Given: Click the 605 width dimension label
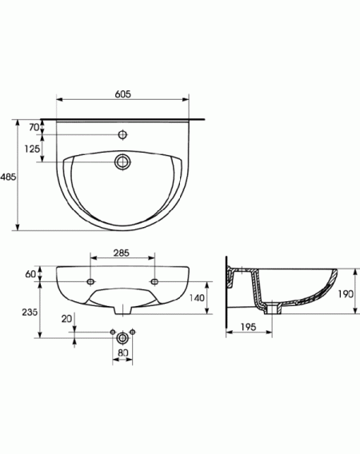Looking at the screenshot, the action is [123, 94].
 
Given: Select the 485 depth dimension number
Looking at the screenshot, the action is [8, 177].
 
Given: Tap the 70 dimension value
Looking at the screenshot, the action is [34, 127].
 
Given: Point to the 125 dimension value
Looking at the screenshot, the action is [32, 149].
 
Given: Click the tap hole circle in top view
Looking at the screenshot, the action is [123, 134].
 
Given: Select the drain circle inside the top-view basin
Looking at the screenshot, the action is [123, 161].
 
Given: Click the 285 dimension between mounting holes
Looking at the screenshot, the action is [121, 253].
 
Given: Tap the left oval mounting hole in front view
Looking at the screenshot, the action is [90, 281].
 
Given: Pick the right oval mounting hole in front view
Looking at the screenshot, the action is [154, 281].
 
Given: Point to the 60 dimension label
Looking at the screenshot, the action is [30, 274].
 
